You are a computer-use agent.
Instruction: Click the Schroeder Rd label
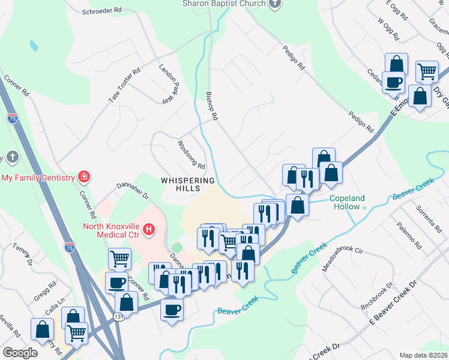click(101, 10)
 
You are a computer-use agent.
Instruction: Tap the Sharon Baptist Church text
click(224, 4)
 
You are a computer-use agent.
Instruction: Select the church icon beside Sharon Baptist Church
click(275, 4)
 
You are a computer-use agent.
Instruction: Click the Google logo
click(20, 352)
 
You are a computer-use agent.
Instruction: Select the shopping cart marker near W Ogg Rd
click(426, 71)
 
